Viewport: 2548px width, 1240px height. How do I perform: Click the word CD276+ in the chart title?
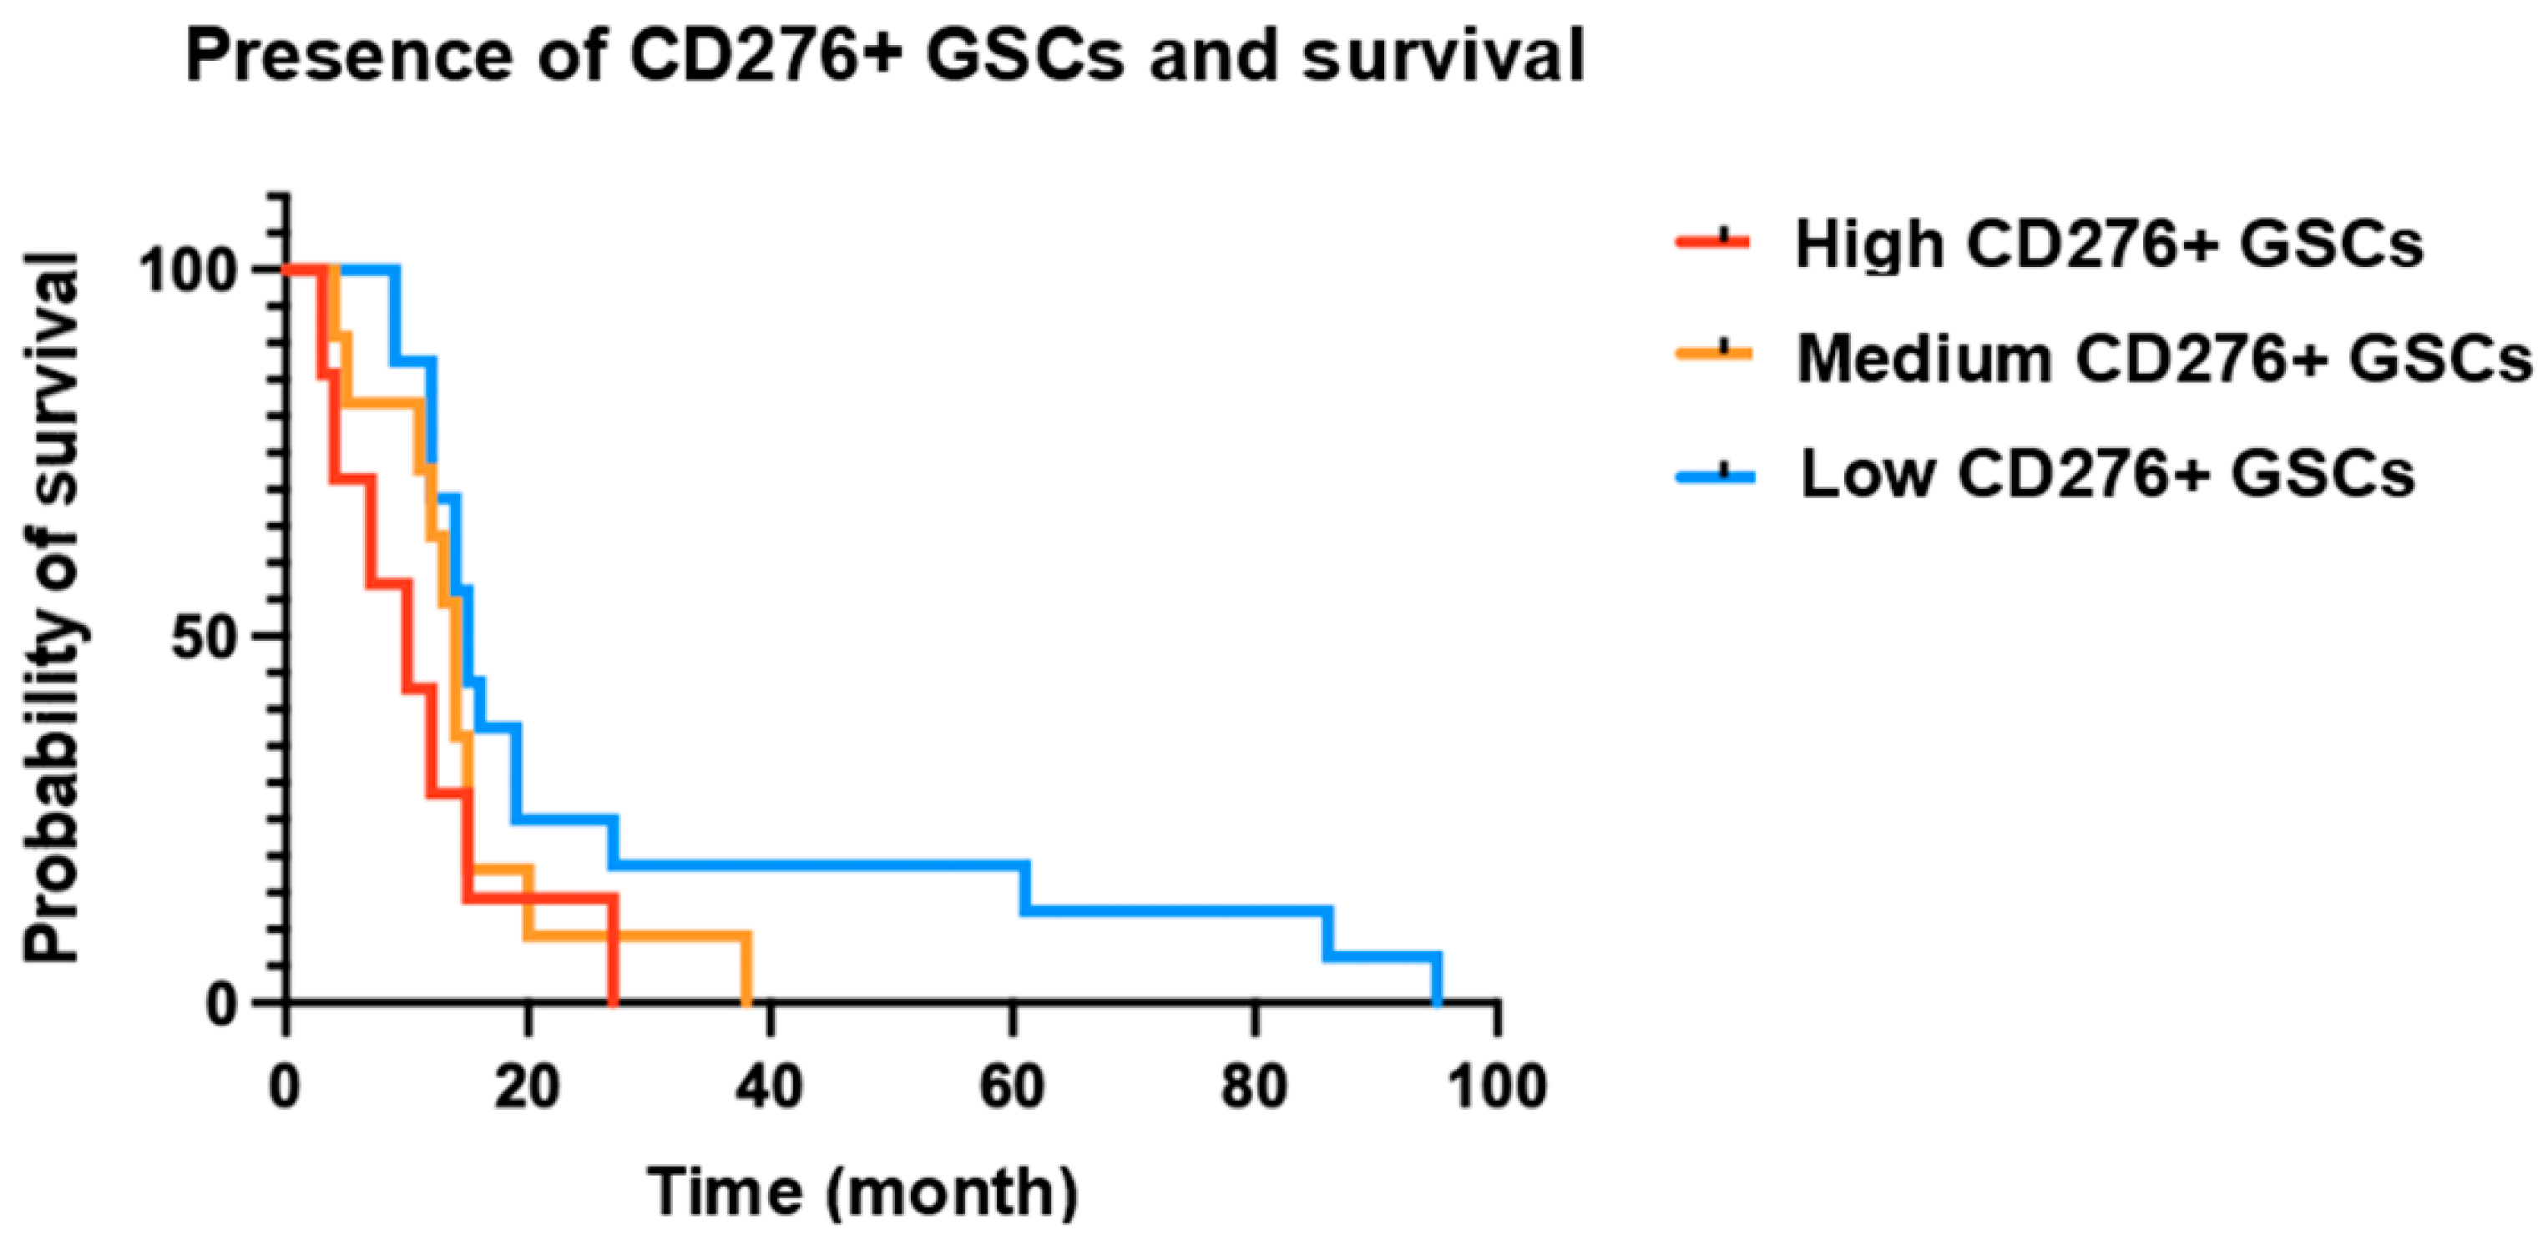click(764, 57)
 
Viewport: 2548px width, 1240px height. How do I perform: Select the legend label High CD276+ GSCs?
click(2109, 244)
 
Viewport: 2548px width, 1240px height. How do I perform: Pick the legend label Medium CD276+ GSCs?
click(2164, 358)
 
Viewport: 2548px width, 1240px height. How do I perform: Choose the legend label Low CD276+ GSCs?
click(2108, 475)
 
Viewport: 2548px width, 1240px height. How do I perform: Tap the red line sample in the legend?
click(1713, 240)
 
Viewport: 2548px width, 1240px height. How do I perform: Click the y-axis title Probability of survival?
click(52, 606)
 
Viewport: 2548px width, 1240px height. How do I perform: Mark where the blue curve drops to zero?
click(1436, 1001)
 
